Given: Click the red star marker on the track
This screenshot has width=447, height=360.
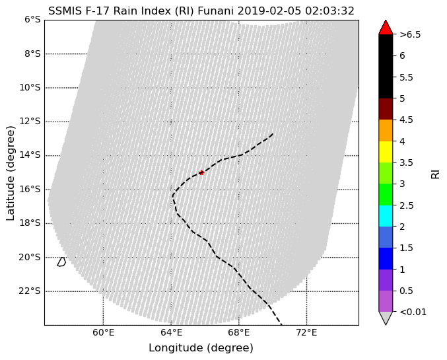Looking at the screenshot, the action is click(x=201, y=172).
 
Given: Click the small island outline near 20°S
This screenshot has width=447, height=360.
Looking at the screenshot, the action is click(x=61, y=262).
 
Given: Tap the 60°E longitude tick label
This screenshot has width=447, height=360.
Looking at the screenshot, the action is click(x=103, y=333).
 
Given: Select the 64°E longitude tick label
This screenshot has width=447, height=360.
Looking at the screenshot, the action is click(x=171, y=333).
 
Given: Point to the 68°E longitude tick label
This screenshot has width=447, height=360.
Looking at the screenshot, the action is click(x=239, y=333).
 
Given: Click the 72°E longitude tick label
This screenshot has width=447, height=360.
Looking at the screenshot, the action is click(x=307, y=333).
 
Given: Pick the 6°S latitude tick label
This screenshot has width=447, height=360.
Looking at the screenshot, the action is click(x=32, y=20).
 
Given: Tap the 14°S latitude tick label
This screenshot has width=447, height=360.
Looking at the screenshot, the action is click(x=30, y=155).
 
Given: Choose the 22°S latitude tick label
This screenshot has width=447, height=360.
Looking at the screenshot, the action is click(x=30, y=291).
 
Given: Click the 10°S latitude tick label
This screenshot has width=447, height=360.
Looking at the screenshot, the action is click(x=30, y=88).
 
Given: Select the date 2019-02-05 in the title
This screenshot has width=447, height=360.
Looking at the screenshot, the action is click(x=269, y=11).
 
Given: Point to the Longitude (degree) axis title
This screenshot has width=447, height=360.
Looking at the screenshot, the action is click(x=201, y=348).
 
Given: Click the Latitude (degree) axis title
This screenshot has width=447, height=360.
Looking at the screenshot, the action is click(x=11, y=173).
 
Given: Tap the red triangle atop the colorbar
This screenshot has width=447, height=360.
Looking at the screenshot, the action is click(x=386, y=27).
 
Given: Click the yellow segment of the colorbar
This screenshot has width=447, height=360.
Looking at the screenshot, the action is click(x=386, y=152).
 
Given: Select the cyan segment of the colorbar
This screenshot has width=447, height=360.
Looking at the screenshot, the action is click(x=386, y=216).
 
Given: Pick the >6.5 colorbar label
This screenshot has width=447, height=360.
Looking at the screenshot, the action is click(x=410, y=34).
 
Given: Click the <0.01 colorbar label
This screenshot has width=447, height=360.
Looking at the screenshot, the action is click(x=413, y=312).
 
